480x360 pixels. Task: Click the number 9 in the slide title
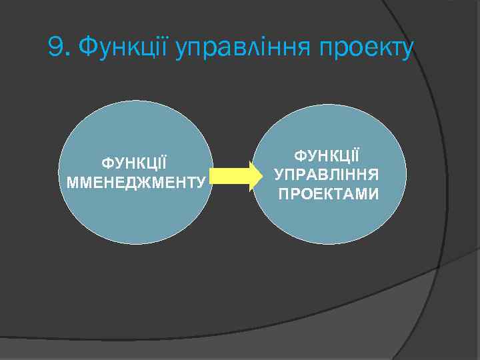pos(56,47)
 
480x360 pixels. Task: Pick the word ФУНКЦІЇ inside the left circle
pos(134,163)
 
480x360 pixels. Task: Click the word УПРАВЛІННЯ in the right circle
pos(327,175)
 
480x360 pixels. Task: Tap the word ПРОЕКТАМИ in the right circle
pos(328,195)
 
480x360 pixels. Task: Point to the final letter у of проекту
pos(408,50)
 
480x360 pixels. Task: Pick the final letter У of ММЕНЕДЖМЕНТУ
pos(200,181)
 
